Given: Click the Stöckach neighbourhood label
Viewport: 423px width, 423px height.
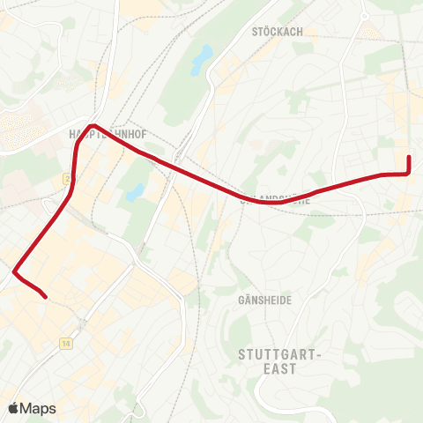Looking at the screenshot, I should point(277,32).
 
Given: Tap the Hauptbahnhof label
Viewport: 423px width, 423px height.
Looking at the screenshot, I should point(106,135).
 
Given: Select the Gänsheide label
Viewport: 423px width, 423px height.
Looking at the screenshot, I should point(264,301).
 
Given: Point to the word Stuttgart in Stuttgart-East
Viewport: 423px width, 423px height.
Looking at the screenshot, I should point(281,354).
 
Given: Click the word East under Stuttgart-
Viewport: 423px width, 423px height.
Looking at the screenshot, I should point(281,369).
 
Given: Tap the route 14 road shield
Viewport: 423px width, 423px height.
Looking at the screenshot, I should point(66,343).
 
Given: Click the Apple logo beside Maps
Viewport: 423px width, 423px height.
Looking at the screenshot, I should point(14,408).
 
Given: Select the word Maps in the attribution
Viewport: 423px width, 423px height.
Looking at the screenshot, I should point(39,409).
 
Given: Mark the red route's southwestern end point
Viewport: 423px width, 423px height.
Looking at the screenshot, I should point(45,297).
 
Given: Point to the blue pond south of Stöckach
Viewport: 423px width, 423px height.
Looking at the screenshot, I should point(203,58).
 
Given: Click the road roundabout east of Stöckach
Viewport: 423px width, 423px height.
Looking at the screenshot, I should point(364,16).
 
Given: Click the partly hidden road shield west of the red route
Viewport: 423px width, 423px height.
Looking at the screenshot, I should point(66,179).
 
